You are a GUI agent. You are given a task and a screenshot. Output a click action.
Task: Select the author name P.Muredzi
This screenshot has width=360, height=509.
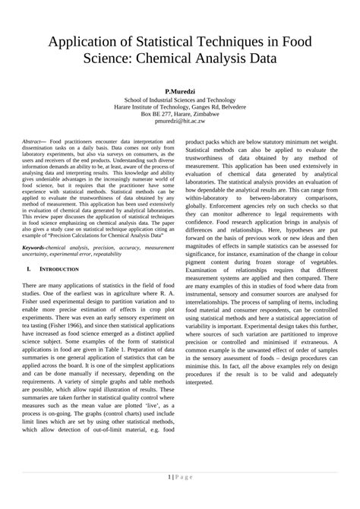click(x=180, y=90)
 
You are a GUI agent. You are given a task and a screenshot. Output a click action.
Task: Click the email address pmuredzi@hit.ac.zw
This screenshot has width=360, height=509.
click(x=180, y=121)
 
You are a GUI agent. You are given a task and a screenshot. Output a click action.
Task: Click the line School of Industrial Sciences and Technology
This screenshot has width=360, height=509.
click(x=180, y=99)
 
